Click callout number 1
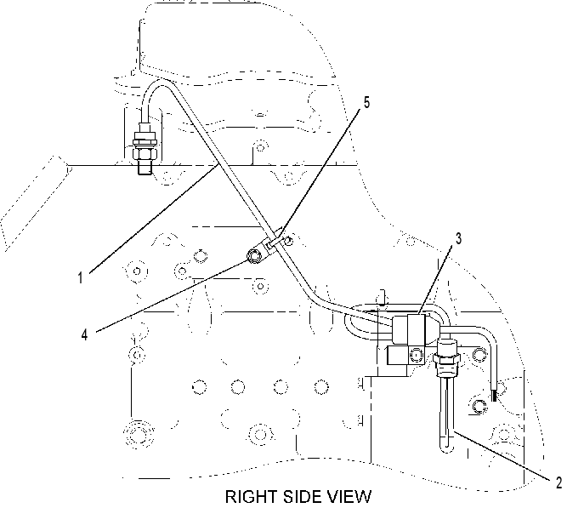pyautogui.click(x=80, y=278)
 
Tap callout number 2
pyautogui.click(x=558, y=482)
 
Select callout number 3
pyautogui.click(x=458, y=239)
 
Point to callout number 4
pyautogui.click(x=84, y=335)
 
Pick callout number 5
pyautogui.click(x=366, y=103)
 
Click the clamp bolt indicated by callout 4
pyautogui.click(x=254, y=256)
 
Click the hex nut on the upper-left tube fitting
pyautogui.click(x=145, y=151)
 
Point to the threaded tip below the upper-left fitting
pyautogui.click(x=145, y=168)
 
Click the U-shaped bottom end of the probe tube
pyautogui.click(x=446, y=448)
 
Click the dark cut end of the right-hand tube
pyautogui.click(x=494, y=396)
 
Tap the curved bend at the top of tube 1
pyautogui.click(x=158, y=86)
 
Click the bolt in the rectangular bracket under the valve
pyautogui.click(x=417, y=355)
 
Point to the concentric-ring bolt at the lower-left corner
pyautogui.click(x=136, y=432)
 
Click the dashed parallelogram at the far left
pyautogui.click(x=34, y=203)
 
